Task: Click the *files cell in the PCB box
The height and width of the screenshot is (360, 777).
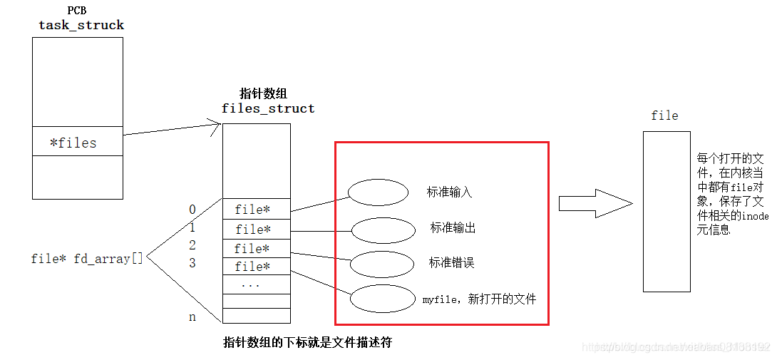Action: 77,143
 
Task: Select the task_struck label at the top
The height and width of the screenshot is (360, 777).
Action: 81,25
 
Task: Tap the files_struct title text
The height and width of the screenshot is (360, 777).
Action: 268,109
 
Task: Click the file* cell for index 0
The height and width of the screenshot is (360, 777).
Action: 256,210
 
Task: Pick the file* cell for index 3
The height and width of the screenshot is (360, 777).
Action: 256,267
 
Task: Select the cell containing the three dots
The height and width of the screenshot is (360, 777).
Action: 256,284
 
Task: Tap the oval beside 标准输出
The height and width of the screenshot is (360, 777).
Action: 383,230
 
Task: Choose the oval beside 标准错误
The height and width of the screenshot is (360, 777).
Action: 382,264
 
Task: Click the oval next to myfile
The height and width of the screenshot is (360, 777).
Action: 383,299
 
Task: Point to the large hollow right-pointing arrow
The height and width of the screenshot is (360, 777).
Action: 595,205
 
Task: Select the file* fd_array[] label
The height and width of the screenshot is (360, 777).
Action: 87,259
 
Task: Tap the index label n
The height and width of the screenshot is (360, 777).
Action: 192,317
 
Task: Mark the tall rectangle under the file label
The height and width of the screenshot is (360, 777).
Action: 666,211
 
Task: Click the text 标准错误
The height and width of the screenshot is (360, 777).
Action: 451,263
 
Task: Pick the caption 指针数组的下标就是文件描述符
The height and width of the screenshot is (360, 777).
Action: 307,343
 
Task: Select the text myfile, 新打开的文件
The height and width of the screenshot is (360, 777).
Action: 479,299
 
